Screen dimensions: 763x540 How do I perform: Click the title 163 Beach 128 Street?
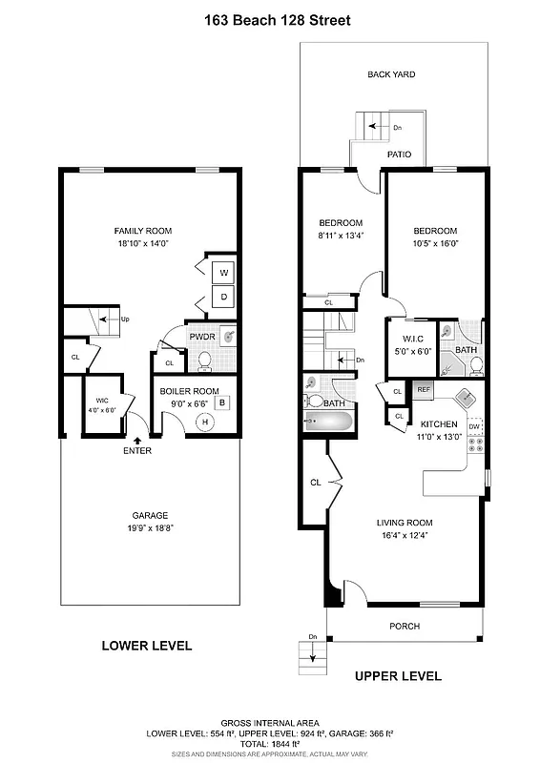270,20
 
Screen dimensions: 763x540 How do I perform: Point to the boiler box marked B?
221,402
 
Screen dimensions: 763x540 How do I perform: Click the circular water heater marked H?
203,423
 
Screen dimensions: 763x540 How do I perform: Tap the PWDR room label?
201,337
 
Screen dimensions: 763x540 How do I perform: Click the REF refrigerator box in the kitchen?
423,389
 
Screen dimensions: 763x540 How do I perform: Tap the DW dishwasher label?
474,399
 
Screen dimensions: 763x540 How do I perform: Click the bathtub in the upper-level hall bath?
330,421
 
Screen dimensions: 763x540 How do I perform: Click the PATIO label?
398,153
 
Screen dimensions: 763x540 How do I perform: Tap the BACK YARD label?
391,74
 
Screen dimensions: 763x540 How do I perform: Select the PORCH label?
405,627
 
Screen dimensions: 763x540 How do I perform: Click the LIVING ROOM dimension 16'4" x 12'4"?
405,536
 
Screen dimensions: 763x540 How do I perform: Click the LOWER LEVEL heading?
147,646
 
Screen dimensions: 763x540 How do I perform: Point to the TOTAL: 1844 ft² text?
270,745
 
